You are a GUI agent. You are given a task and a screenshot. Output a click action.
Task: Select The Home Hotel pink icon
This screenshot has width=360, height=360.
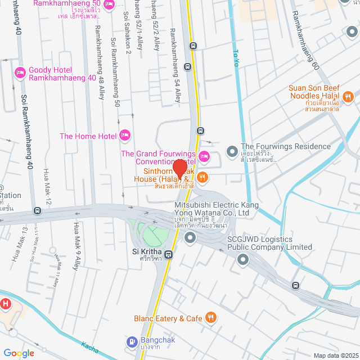click(x=125, y=136)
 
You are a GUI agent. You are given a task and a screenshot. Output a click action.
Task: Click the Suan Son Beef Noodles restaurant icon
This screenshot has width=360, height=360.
click(x=348, y=97)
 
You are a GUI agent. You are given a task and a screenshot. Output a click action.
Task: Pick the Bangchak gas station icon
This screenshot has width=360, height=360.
click(x=132, y=341)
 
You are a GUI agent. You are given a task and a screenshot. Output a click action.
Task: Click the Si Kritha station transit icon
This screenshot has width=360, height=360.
click(x=169, y=254)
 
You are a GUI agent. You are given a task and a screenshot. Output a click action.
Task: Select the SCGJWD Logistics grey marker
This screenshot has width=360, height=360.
click(x=243, y=259)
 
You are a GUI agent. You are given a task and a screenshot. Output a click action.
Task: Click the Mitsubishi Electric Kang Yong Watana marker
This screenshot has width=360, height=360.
click(x=190, y=238)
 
